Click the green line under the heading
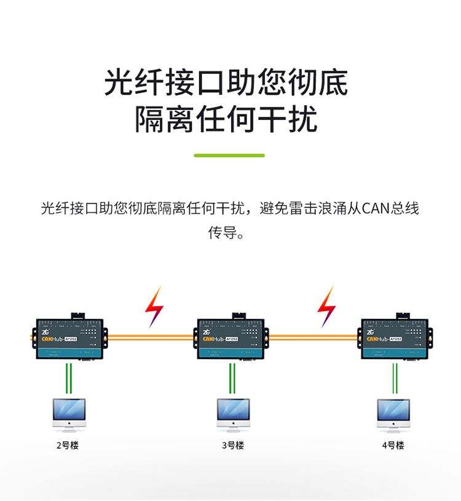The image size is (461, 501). [229, 156]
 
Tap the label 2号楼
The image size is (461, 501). [68, 445]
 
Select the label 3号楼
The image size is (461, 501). [233, 445]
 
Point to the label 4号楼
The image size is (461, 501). [393, 445]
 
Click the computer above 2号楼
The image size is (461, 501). [69, 413]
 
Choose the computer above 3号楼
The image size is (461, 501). [233, 413]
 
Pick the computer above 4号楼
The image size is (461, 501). [393, 413]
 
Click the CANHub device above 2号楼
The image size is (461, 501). [69, 338]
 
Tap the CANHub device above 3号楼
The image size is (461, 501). [231, 338]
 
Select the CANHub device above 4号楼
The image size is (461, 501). [395, 338]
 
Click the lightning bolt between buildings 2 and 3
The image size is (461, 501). [154, 306]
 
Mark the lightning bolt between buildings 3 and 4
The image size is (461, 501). [326, 306]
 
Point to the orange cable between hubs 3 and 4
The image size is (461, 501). [313, 337]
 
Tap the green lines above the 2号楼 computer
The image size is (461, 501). [69, 377]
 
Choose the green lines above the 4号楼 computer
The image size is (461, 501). [395, 377]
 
